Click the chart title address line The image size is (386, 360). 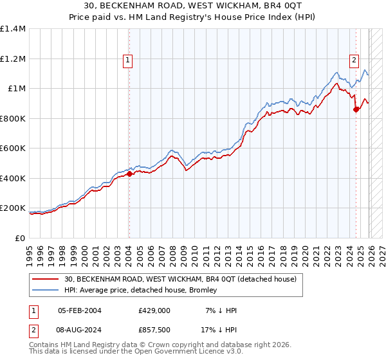pyautogui.click(x=193, y=5)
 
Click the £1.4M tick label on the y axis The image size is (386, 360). pyautogui.click(x=13, y=29)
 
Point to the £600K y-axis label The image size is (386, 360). pyautogui.click(x=13, y=148)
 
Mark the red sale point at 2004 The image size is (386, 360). pyautogui.click(x=129, y=174)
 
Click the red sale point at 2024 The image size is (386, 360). pyautogui.click(x=356, y=110)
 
